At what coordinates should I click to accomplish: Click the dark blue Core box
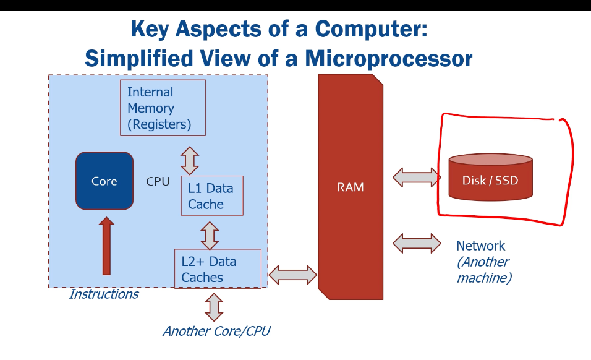point(104,181)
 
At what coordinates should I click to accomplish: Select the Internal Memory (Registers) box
point(162,108)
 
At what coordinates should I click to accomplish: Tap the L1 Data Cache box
point(211,195)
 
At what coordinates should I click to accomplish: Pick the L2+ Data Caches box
point(218,269)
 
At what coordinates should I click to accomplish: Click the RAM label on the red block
point(350,187)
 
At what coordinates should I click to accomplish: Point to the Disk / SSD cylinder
point(490,178)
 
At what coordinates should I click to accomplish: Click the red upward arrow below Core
point(107,246)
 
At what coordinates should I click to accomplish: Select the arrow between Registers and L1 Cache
point(189,160)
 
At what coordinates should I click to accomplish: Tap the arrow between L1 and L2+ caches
point(210,235)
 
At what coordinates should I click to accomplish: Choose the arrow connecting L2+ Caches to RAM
point(292,273)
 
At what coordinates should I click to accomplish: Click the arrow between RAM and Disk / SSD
point(417,178)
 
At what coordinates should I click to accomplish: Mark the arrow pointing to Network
point(417,243)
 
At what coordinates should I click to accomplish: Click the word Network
point(480,246)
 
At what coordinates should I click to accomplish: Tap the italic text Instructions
point(103,294)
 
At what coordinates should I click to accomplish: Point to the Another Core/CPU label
point(216,331)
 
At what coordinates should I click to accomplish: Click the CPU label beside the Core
point(158,181)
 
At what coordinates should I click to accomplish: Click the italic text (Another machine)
point(483,270)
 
